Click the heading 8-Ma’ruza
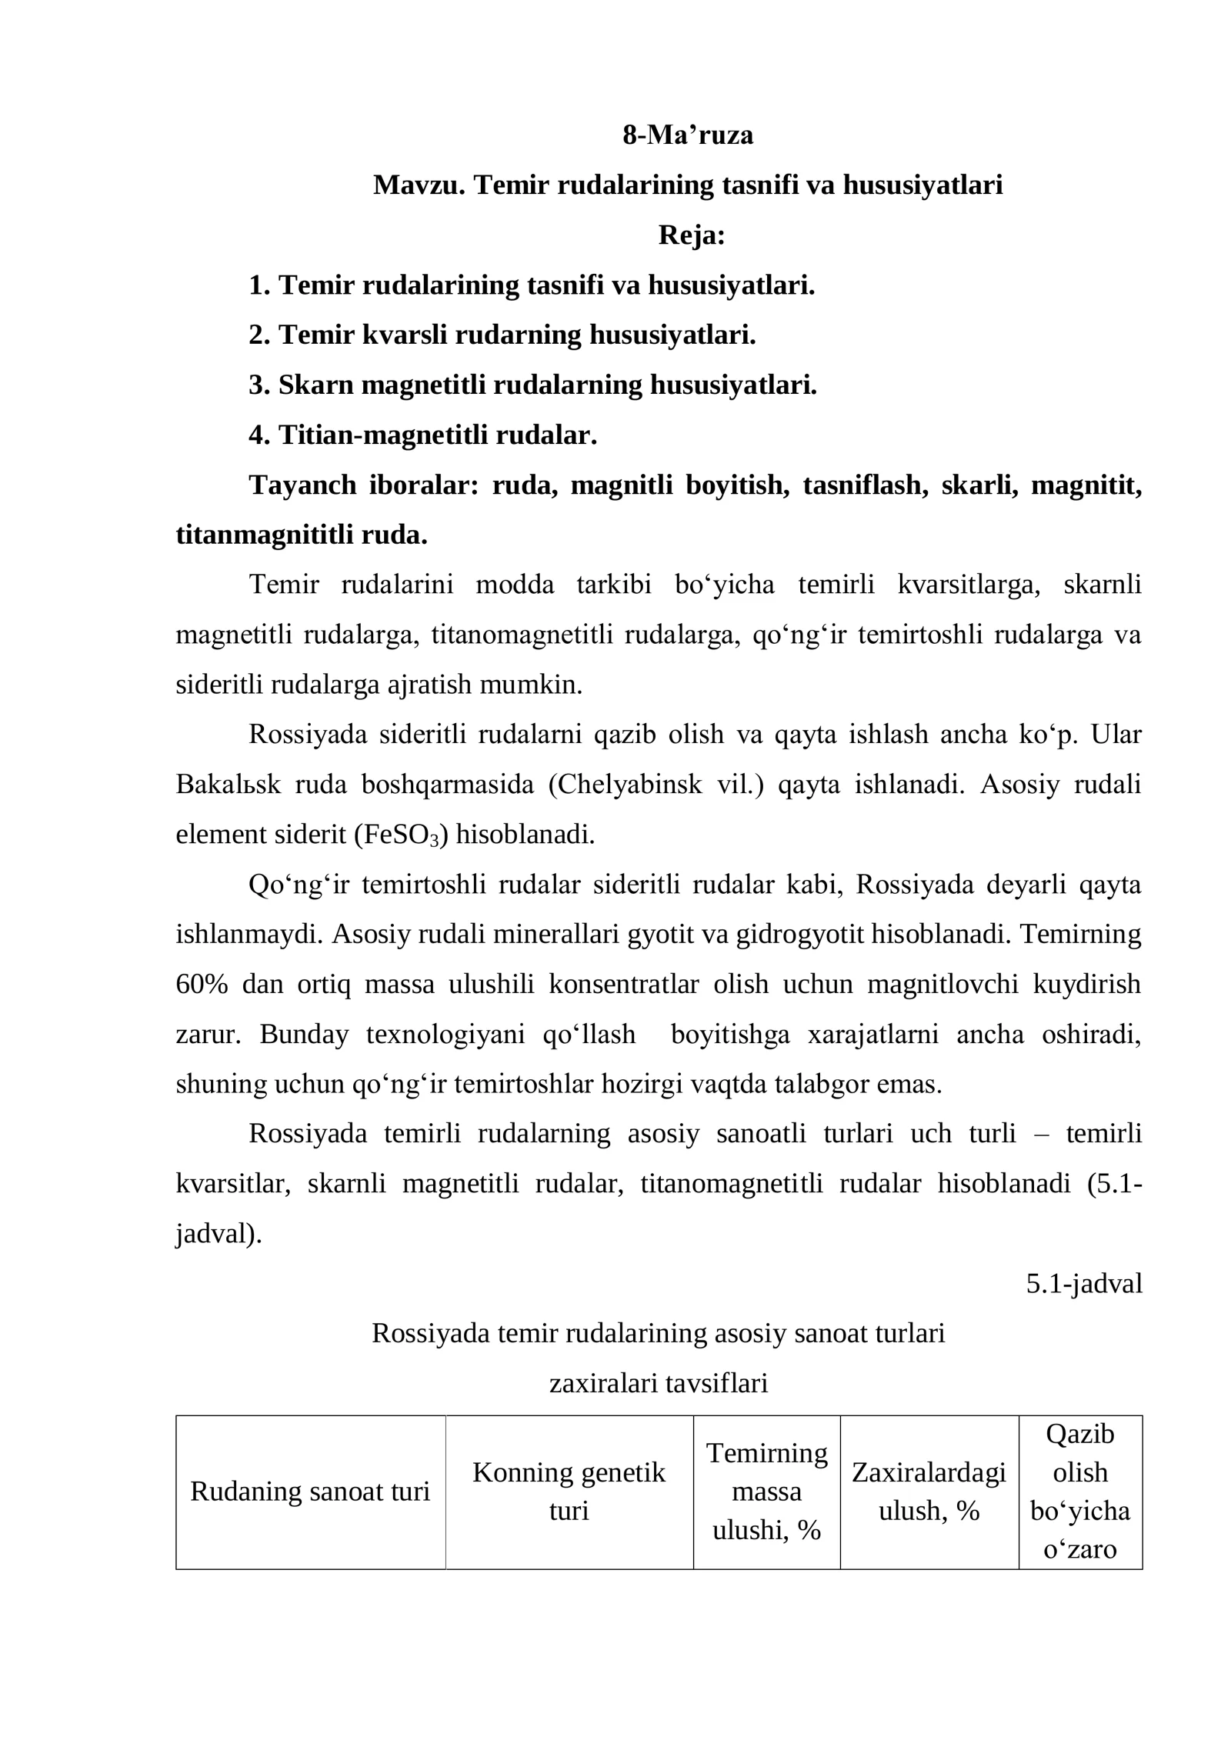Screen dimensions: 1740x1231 click(687, 135)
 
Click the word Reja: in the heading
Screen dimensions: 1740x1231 click(692, 235)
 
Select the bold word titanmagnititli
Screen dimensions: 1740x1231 click(265, 535)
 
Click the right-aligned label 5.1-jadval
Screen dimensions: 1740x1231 click(1083, 1284)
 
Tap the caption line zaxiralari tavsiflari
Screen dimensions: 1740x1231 click(659, 1384)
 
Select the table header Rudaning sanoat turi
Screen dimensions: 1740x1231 click(310, 1492)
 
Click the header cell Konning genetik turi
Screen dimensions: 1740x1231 click(569, 1492)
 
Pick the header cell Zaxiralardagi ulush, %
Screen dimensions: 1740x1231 click(929, 1492)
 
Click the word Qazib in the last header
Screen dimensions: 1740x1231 click(1079, 1435)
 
